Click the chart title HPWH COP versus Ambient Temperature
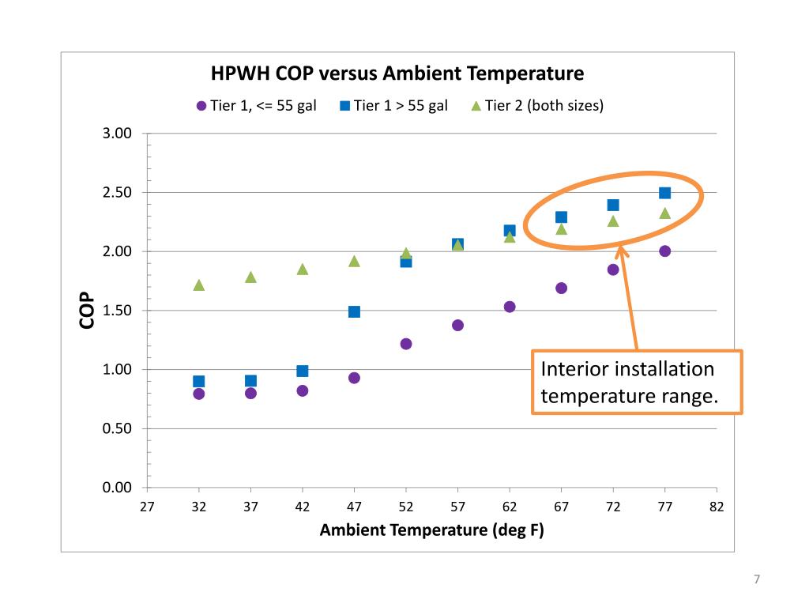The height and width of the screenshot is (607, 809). click(397, 74)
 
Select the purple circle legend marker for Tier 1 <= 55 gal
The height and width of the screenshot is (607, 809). click(201, 106)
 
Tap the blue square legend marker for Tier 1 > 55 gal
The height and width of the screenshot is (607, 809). click(344, 106)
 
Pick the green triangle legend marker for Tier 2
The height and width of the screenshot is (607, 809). click(476, 106)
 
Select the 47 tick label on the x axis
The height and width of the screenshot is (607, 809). click(354, 507)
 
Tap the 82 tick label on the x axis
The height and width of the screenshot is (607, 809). click(717, 507)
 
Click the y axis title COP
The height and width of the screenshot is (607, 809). click(87, 311)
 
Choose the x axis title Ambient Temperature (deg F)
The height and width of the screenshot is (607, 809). click(431, 530)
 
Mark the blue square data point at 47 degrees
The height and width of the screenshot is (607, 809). click(354, 311)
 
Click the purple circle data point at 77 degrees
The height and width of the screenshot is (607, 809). click(664, 251)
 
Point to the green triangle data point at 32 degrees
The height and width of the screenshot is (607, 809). click(199, 285)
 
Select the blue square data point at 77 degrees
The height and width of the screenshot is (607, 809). click(664, 193)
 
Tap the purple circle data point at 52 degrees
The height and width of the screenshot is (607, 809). click(406, 344)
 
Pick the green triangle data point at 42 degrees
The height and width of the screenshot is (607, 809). click(303, 270)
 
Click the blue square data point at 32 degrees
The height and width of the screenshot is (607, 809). click(199, 381)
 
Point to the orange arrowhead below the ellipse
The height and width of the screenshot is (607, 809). click(622, 252)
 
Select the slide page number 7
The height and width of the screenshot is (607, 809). click(756, 580)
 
